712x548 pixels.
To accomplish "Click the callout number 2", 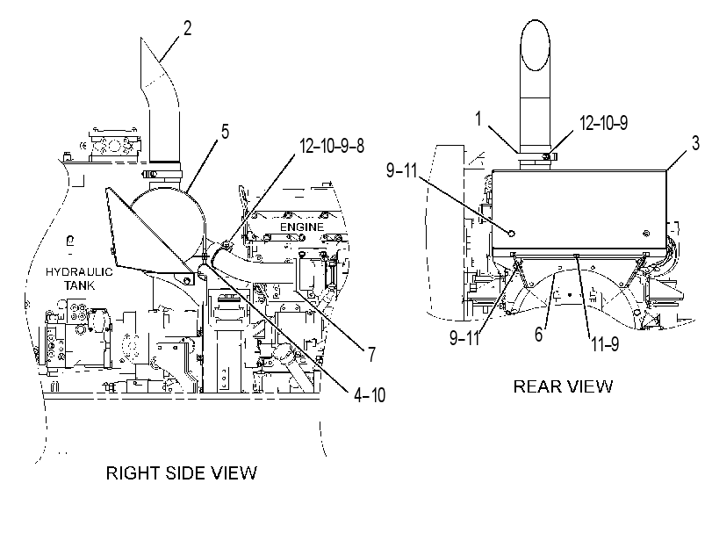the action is pyautogui.click(x=188, y=28).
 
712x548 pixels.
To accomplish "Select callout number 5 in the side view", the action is pyautogui.click(x=225, y=132).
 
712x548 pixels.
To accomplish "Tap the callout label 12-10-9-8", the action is pyautogui.click(x=332, y=147).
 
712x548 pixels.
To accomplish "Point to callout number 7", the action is pyautogui.click(x=371, y=355).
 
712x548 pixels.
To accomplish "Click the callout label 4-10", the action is pyautogui.click(x=370, y=395).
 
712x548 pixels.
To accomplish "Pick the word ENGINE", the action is pyautogui.click(x=302, y=227).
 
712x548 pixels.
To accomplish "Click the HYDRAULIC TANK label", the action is pyautogui.click(x=79, y=278).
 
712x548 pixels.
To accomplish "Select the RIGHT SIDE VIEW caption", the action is pyautogui.click(x=182, y=473).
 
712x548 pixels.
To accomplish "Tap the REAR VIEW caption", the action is pyautogui.click(x=563, y=386).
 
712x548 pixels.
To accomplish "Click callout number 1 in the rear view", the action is pyautogui.click(x=478, y=119).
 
